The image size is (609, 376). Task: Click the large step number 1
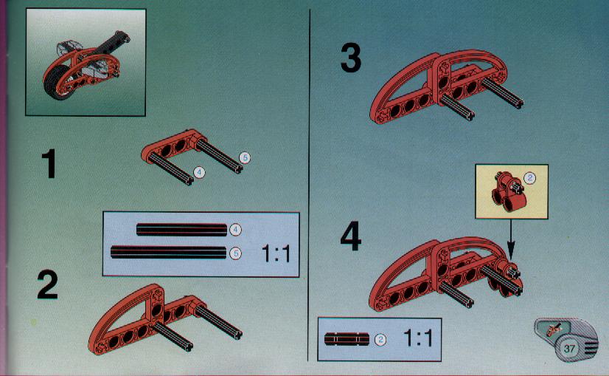[49, 164]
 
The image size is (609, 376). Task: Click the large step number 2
[47, 285]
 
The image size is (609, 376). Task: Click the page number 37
[569, 348]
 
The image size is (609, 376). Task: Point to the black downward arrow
[511, 239]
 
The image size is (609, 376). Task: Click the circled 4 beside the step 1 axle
[199, 172]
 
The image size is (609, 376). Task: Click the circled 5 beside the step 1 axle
[245, 157]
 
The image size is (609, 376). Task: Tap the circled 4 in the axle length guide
[235, 230]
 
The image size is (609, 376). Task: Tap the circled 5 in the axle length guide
[235, 253]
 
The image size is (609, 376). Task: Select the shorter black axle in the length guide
[182, 230]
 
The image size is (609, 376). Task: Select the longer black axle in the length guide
[169, 252]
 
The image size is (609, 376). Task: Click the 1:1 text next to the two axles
[276, 254]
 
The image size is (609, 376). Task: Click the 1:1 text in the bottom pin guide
[418, 338]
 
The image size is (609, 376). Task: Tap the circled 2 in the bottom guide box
[380, 339]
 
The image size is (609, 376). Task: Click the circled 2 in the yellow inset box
[530, 178]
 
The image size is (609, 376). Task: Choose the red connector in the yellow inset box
[508, 192]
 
